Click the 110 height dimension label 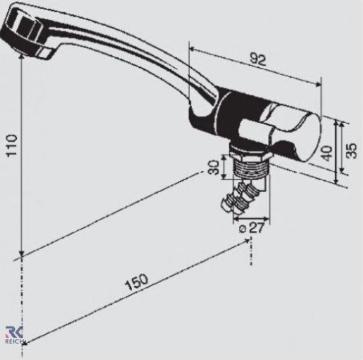click(12, 145)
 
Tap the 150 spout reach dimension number click(136, 281)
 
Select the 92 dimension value click(258, 59)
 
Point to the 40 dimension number click(327, 153)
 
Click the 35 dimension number click(351, 150)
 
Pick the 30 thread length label click(213, 167)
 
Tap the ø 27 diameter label click(252, 228)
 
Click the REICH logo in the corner click(14, 335)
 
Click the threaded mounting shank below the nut click(250, 167)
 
